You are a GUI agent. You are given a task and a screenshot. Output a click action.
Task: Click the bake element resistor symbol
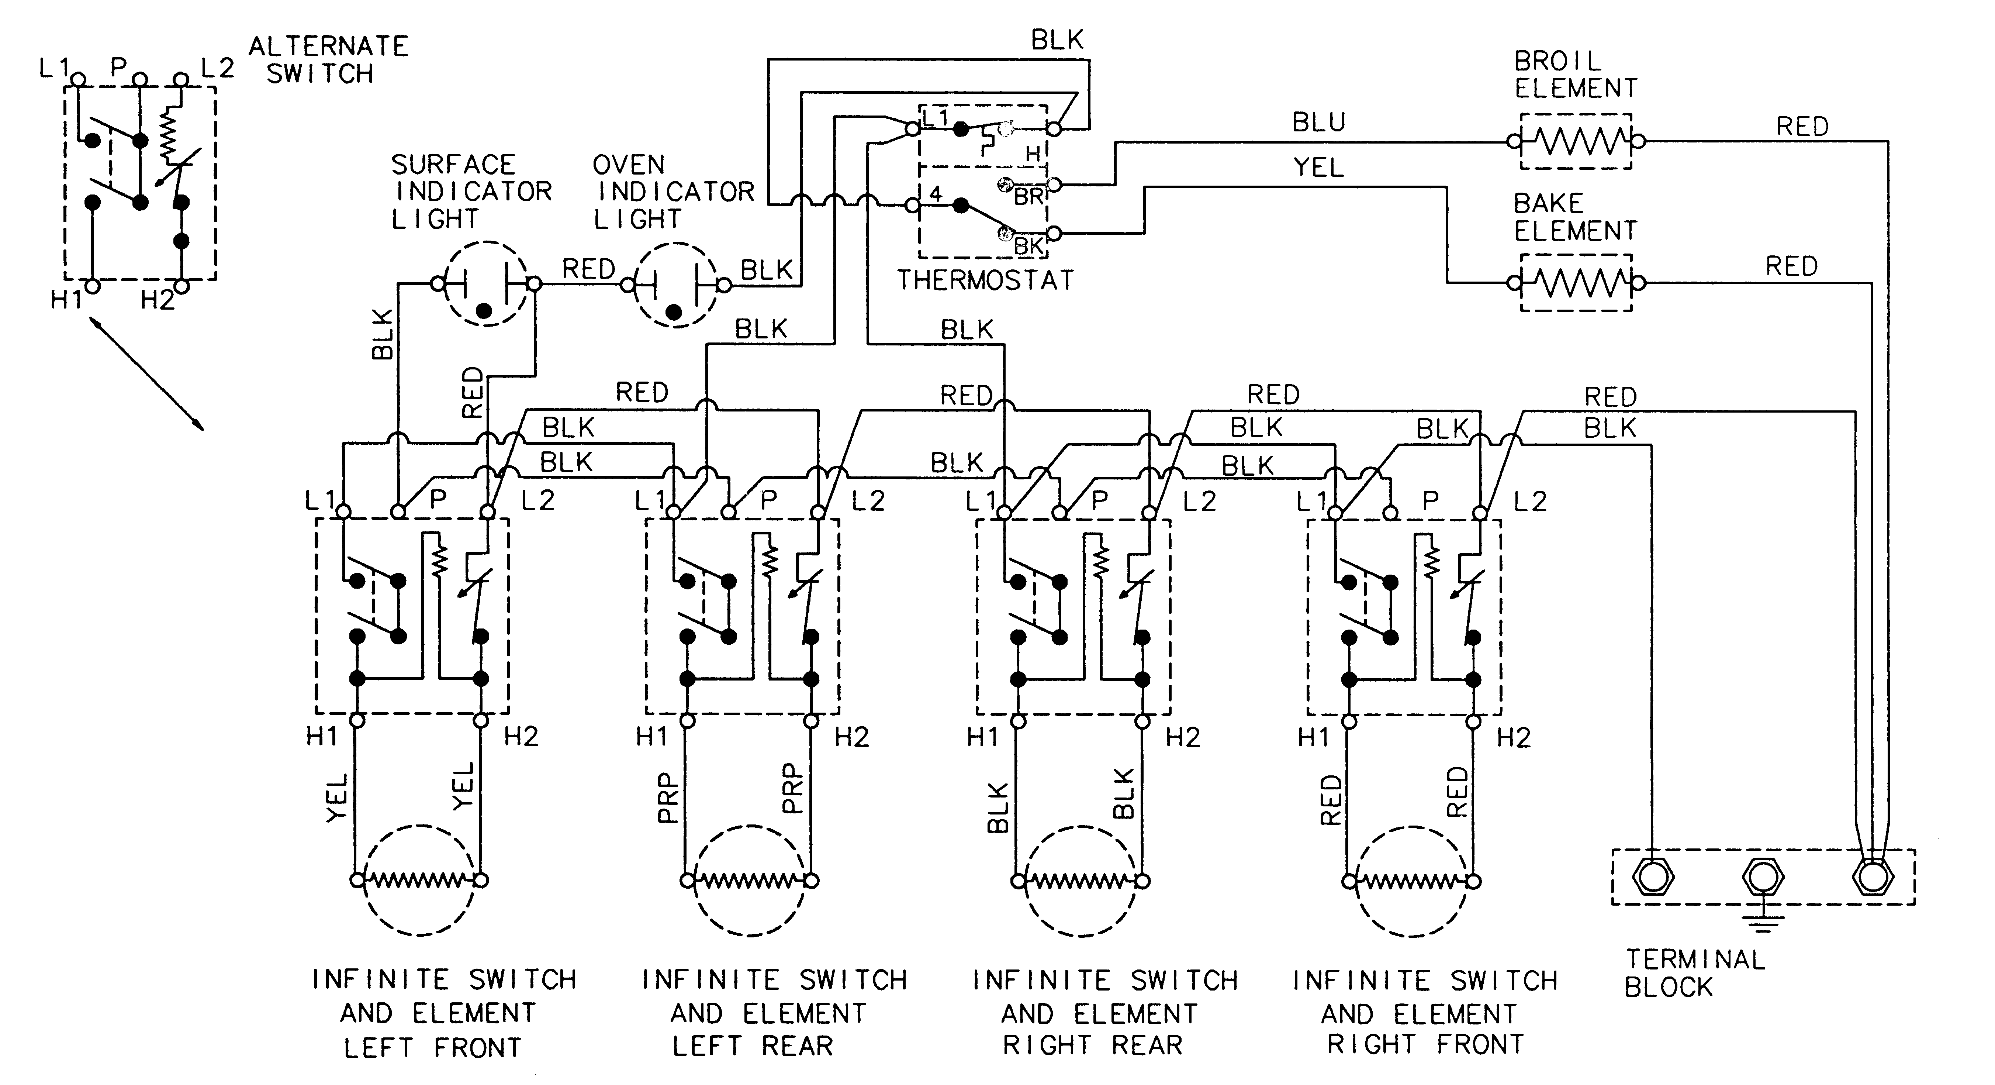[x=1576, y=283]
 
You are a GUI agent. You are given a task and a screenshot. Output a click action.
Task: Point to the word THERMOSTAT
[x=985, y=280]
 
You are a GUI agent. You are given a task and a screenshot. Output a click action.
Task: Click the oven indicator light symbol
[x=675, y=285]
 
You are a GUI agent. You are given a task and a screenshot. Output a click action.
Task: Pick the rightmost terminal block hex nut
[x=1872, y=877]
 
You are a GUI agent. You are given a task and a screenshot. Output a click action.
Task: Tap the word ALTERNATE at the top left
[x=328, y=46]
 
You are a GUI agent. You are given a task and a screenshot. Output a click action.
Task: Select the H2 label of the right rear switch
[x=1183, y=737]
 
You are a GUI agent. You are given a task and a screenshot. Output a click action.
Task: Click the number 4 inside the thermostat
[x=936, y=194]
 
